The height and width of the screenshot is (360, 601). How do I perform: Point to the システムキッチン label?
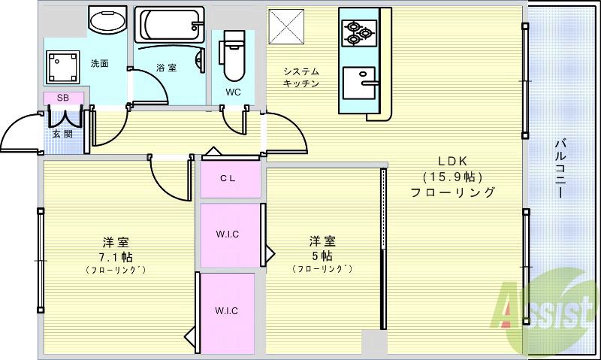301,77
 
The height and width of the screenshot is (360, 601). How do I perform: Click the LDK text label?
453,161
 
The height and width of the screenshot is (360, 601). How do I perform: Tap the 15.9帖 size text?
452,177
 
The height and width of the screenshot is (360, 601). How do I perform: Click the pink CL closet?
230,179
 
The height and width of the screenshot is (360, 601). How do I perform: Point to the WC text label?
233,92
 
